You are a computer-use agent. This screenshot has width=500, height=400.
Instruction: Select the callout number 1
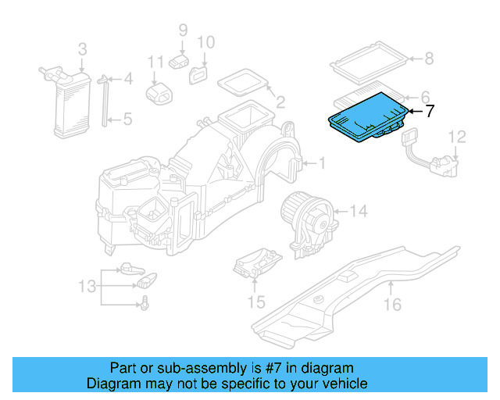tap(320, 163)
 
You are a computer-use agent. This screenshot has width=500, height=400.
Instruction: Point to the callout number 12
tap(458, 137)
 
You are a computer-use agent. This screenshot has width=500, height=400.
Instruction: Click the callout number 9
tap(183, 30)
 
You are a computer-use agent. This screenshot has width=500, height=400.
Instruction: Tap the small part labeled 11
tap(161, 91)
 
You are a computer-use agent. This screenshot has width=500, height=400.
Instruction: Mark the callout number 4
tap(128, 78)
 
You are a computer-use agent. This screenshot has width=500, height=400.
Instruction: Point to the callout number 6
tap(427, 94)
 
